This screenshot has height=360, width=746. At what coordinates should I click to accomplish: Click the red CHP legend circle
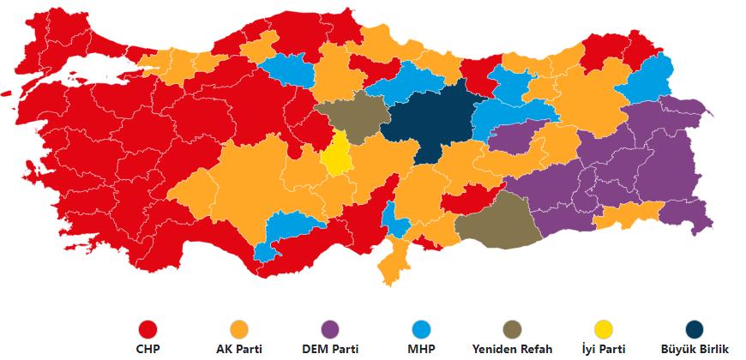point(148,329)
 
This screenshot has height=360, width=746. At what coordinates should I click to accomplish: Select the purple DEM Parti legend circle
point(329,329)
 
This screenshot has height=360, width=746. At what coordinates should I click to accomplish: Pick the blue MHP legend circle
point(421,329)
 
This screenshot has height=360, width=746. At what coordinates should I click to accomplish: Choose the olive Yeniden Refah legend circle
point(512,329)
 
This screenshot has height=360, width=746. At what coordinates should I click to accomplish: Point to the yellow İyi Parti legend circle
point(604,329)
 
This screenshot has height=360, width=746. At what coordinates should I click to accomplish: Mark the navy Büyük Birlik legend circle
point(695,329)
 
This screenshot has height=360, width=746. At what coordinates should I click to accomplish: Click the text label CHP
point(148,349)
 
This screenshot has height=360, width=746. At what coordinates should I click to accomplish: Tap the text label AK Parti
point(238,349)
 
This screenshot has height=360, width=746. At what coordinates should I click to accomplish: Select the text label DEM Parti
point(329,349)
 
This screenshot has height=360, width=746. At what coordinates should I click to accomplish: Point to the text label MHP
point(421,349)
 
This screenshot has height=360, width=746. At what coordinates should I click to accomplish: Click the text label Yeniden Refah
point(512,349)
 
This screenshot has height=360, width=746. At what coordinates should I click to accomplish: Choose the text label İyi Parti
point(604,349)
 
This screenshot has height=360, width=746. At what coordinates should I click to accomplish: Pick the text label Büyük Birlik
point(695,349)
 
